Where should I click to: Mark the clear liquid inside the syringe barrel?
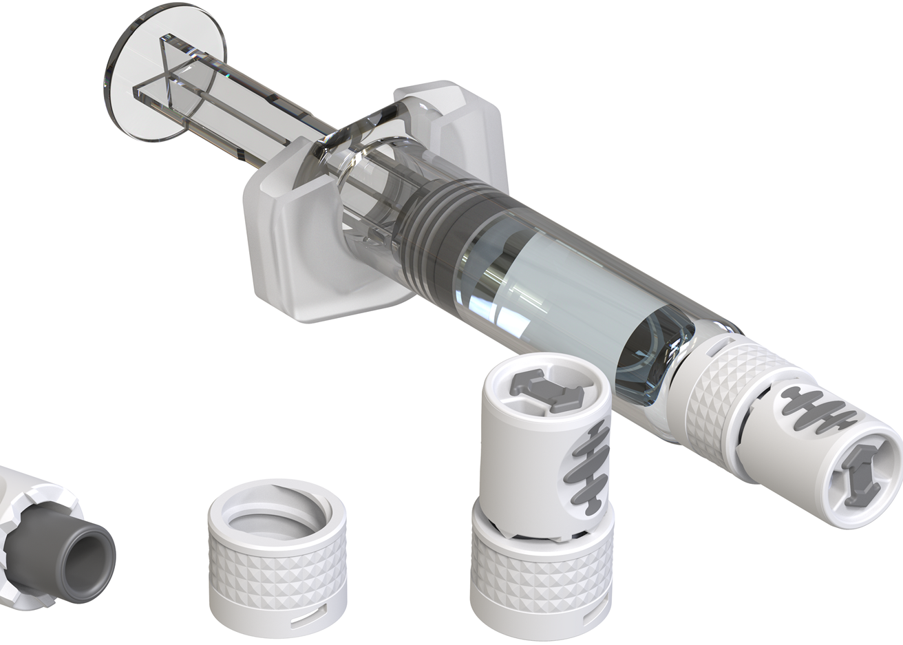551,289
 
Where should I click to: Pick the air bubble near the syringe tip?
650,358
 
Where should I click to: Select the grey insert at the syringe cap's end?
860,475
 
